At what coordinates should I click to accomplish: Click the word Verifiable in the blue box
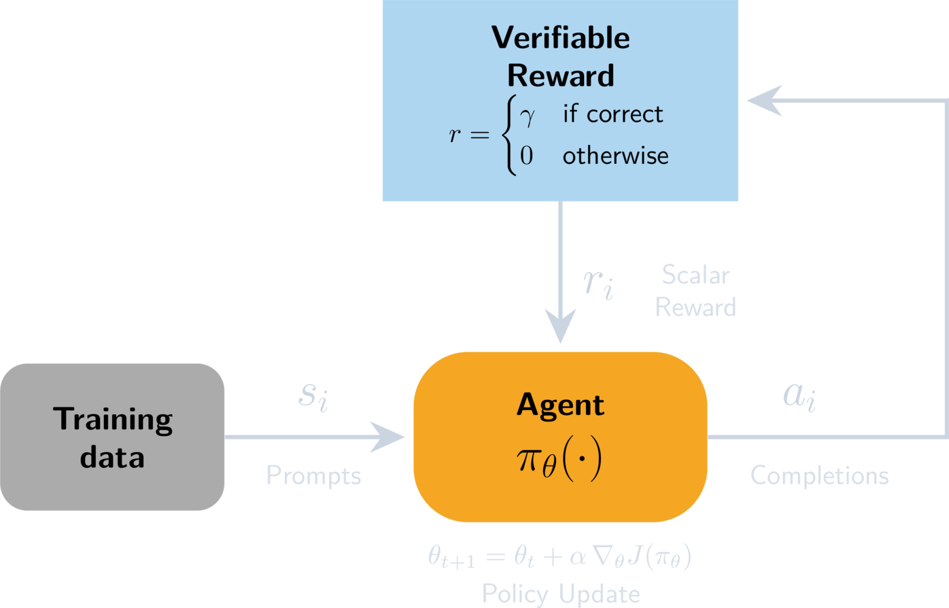click(x=560, y=37)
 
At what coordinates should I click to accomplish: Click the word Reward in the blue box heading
click(x=560, y=75)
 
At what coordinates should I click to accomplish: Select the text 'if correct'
click(x=612, y=114)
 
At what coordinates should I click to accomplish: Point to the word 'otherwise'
click(x=615, y=156)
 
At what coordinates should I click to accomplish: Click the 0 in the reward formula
click(x=526, y=155)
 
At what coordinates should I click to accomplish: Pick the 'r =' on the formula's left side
click(x=470, y=135)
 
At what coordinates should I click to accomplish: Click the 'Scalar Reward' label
click(x=695, y=291)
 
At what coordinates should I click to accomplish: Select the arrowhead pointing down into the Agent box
click(x=561, y=326)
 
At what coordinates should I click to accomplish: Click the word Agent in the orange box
click(x=560, y=406)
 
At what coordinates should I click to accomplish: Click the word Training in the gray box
click(x=113, y=420)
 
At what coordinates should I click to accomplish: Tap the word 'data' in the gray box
click(x=112, y=458)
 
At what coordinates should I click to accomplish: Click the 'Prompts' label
click(x=313, y=475)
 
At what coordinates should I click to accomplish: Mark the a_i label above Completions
click(x=799, y=396)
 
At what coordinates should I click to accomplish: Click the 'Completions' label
click(x=819, y=475)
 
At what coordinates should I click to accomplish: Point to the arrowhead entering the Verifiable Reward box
click(x=764, y=101)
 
